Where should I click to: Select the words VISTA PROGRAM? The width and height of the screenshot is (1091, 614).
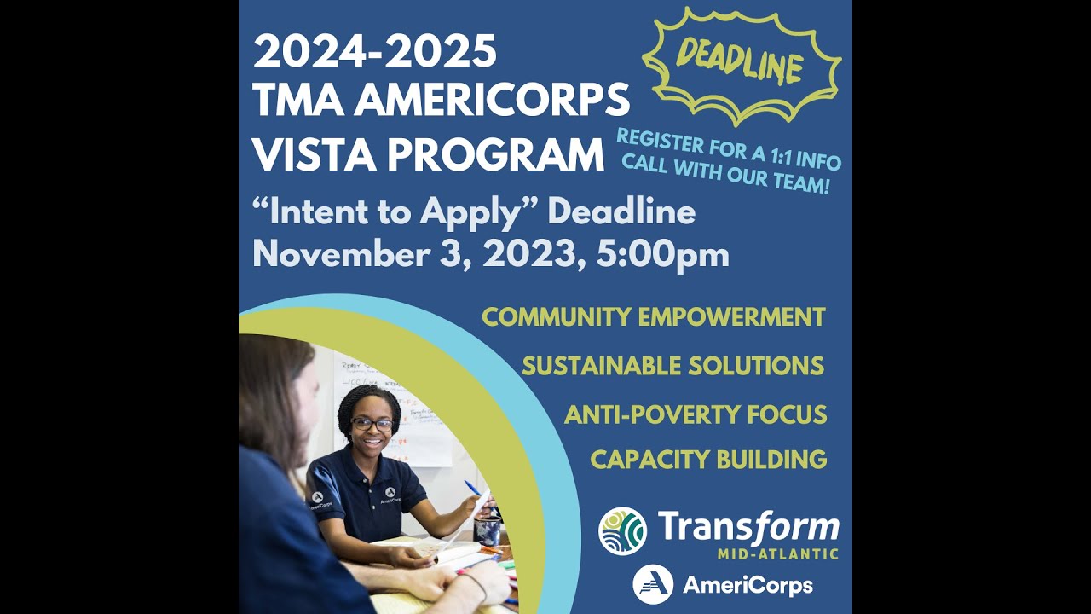428,154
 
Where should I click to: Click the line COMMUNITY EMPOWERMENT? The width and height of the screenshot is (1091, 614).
653,317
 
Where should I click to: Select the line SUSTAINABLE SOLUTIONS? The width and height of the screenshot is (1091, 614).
672,366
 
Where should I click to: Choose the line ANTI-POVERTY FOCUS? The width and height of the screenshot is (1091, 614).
695,415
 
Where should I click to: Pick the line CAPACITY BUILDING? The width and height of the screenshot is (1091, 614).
708,460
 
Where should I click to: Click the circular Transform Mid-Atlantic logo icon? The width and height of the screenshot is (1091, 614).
622,531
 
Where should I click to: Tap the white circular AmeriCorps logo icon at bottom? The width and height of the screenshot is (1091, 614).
653,585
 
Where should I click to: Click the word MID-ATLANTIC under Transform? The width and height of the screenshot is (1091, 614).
776,554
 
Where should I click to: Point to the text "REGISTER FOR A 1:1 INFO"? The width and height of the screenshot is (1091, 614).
729,148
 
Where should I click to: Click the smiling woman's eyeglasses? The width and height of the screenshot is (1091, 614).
372,424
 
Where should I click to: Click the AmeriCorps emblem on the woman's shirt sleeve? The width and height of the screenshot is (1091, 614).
317,496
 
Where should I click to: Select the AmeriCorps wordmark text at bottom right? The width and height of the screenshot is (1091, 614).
748,586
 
